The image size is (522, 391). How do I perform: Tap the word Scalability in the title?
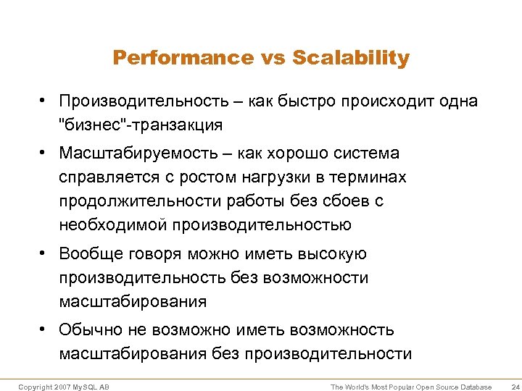click(351, 58)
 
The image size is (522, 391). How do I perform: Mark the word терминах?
click(369, 177)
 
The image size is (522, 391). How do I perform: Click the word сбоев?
click(351, 201)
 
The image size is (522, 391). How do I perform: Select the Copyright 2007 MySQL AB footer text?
click(64, 387)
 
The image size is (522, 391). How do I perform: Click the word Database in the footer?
click(475, 387)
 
